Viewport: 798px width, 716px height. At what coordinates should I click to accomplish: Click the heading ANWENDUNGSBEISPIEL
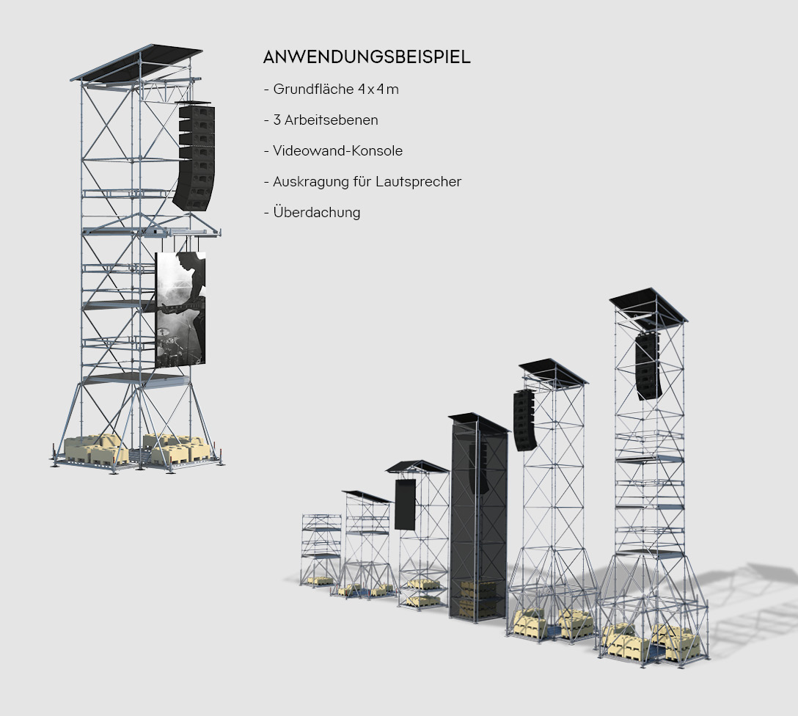coord(367,57)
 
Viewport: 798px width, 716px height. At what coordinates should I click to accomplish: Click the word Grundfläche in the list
coord(315,89)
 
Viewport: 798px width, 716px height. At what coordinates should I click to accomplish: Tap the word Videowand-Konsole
coord(337,151)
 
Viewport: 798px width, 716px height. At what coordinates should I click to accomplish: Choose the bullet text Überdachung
coord(316,213)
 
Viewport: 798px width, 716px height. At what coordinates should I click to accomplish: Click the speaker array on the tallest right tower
coord(648,365)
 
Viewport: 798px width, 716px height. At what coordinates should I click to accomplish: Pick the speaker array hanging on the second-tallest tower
coord(524,420)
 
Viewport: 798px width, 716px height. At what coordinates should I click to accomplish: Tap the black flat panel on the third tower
coord(405,504)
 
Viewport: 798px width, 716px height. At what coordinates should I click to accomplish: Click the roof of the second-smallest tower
coord(367,497)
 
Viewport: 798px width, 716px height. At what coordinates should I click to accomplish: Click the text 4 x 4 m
coord(378,89)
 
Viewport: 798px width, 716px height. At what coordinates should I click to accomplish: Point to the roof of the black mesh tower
coord(478,422)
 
